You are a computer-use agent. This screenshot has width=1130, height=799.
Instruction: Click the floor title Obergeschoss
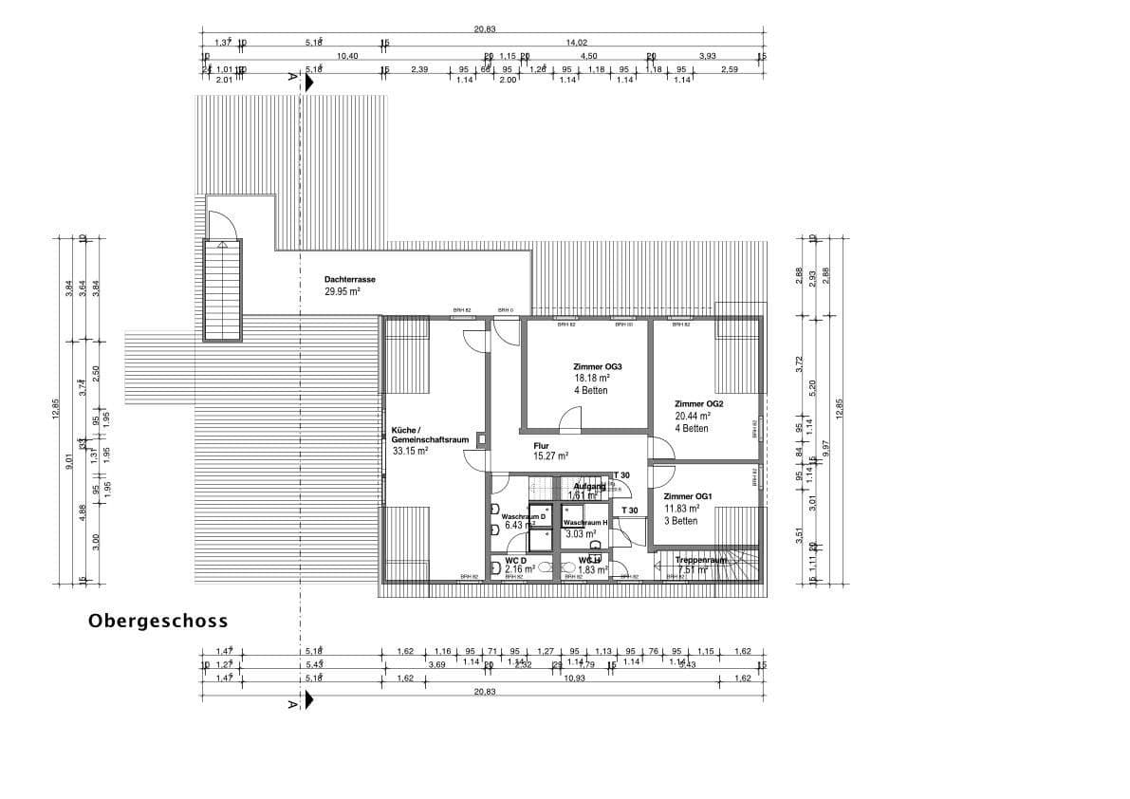click(158, 622)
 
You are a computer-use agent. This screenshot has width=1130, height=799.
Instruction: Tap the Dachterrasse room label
click(348, 280)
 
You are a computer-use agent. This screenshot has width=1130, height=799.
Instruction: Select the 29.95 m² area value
click(342, 292)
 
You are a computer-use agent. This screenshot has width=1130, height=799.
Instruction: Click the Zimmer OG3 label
click(597, 366)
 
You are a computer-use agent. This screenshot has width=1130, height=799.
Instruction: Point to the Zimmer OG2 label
click(699, 403)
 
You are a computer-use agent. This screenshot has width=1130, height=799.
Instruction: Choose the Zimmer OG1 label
click(688, 496)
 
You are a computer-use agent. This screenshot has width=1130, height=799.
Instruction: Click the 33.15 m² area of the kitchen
click(410, 453)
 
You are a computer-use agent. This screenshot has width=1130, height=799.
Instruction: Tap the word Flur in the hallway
click(542, 444)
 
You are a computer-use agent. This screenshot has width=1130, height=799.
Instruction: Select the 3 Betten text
click(681, 521)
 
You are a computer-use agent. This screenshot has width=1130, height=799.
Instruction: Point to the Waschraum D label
click(524, 516)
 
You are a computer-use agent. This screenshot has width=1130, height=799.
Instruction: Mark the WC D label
click(515, 561)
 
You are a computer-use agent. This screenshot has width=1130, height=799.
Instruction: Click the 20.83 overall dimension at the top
click(484, 28)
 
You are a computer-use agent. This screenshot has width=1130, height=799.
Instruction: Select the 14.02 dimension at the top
click(577, 43)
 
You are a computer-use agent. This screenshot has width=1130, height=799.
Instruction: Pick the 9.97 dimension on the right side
click(825, 444)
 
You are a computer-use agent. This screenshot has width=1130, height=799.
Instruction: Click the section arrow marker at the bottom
click(306, 701)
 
